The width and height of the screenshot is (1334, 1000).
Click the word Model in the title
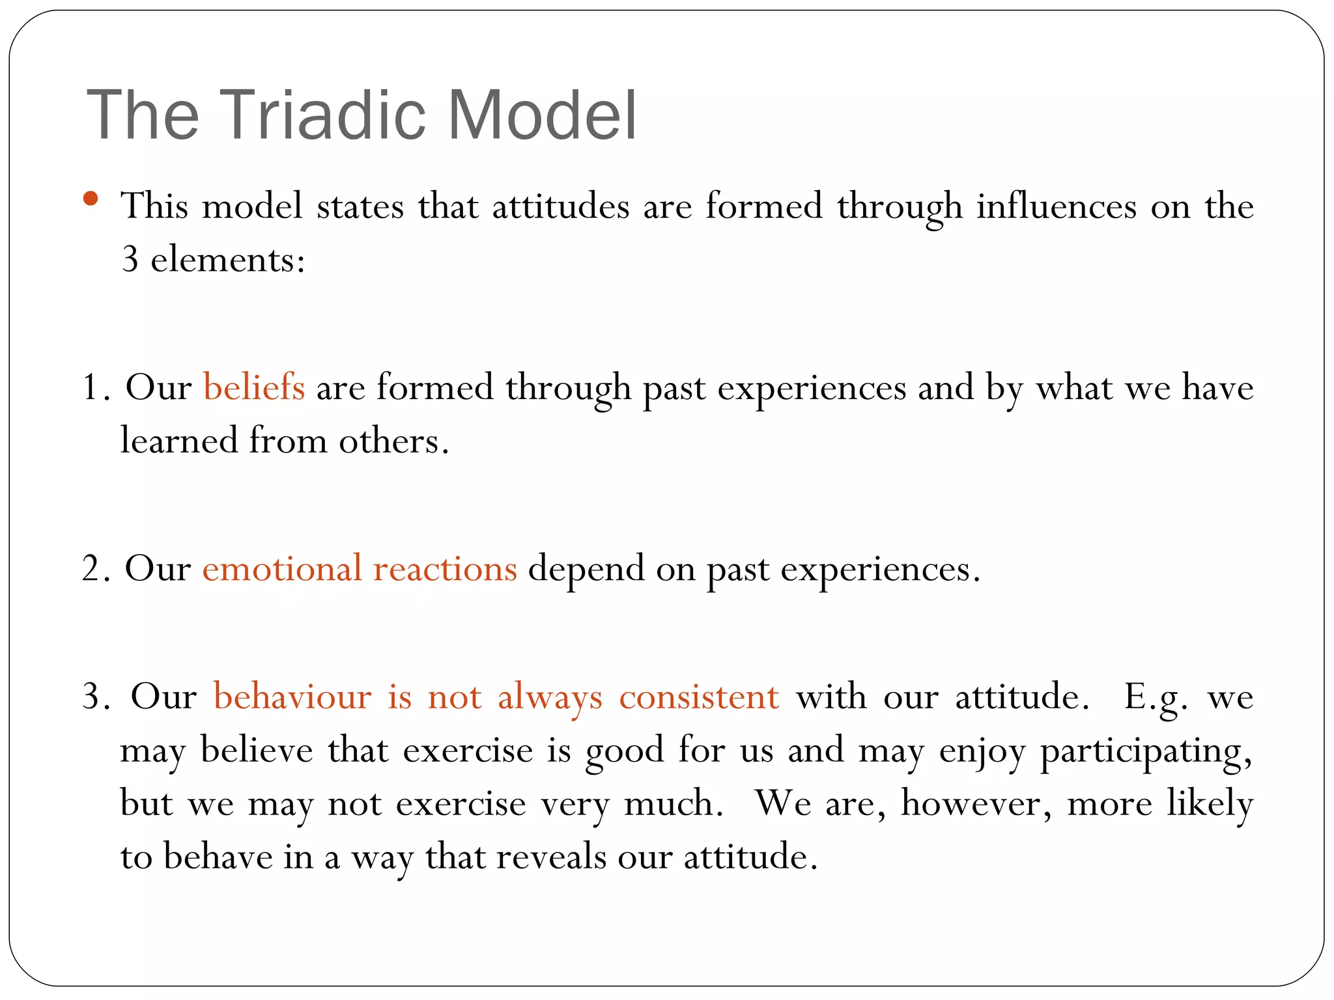click(x=542, y=115)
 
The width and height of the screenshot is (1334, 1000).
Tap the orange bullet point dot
click(x=91, y=198)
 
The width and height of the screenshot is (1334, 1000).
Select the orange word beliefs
click(x=254, y=387)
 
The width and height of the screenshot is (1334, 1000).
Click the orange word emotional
click(x=281, y=568)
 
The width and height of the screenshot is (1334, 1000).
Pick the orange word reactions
click(x=445, y=568)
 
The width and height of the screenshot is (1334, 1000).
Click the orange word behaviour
click(x=292, y=697)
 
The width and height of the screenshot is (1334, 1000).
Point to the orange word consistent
click(x=698, y=697)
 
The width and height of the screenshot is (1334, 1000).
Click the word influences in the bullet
click(x=1056, y=206)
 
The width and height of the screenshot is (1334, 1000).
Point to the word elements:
click(x=228, y=260)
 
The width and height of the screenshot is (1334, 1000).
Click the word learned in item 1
click(x=179, y=441)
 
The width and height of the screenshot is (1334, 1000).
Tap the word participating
click(x=1145, y=751)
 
